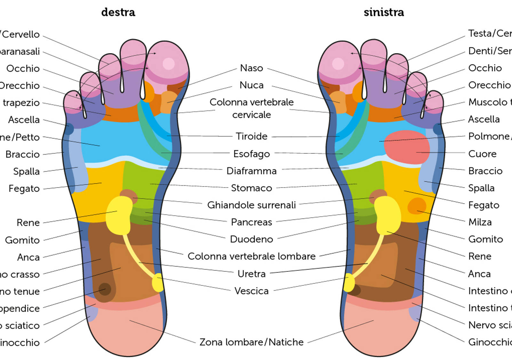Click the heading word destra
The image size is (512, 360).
pos(118,12)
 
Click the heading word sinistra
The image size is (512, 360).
pos(384,12)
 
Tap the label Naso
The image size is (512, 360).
pos(252,68)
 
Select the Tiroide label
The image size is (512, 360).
pos(252,136)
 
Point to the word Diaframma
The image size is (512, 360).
pos(252,171)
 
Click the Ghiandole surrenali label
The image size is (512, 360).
pos(252,205)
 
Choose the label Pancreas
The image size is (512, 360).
pos(252,222)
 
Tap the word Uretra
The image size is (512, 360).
pos(252,274)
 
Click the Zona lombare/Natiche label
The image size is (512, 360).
pos(252,342)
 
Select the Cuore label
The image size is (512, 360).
pos(482,154)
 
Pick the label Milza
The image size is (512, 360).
pos(480,222)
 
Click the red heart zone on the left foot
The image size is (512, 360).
pos(406,147)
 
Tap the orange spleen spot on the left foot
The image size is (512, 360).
pos(417,206)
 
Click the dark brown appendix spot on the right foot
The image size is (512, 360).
pos(105,289)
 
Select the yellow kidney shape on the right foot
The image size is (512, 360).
pos(119,214)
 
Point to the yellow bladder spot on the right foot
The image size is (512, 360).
pos(157,283)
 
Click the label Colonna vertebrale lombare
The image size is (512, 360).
pos(252,256)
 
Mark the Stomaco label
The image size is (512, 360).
pos(252,188)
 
